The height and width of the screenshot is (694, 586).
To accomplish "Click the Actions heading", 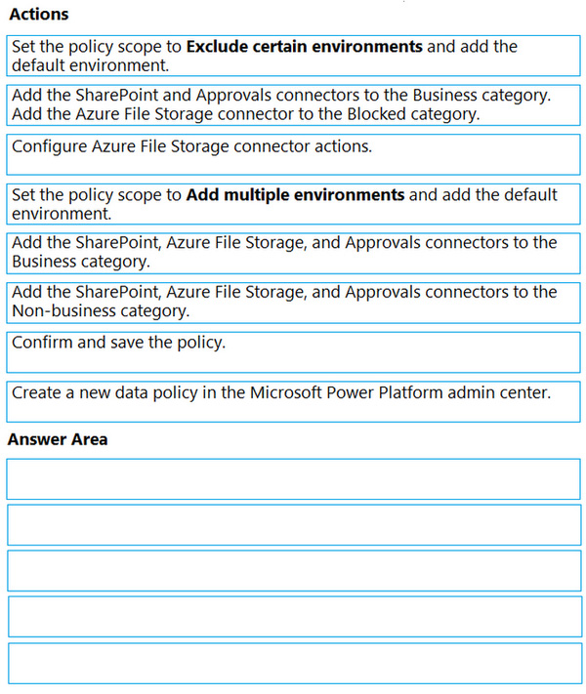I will (38, 15).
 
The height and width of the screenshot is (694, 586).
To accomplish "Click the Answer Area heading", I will (58, 439).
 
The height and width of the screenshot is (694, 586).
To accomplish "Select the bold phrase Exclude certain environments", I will (304, 47).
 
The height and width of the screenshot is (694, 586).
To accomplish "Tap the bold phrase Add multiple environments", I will (295, 195).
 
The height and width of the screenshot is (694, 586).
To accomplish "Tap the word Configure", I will (49, 147).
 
